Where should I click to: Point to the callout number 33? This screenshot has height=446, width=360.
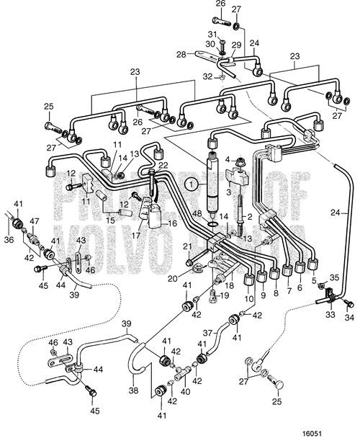point(330,315)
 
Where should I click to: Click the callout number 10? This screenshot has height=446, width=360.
point(248,299)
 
